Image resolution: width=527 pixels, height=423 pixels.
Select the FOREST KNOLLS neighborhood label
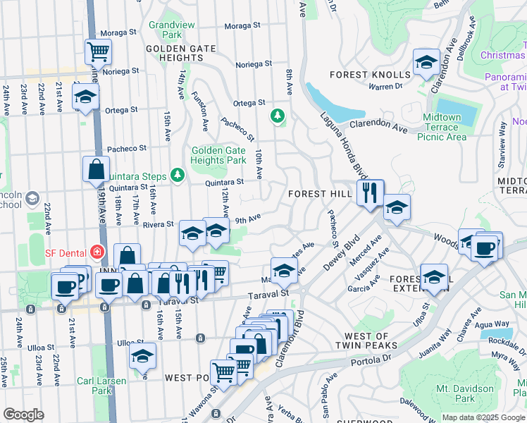pyautogui.click(x=370, y=75)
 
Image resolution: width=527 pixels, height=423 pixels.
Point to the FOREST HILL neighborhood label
pyautogui.click(x=320, y=194)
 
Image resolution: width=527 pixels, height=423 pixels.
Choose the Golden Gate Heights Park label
pyautogui.click(x=219, y=155)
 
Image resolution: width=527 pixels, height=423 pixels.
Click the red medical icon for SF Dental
pyautogui.click(x=97, y=252)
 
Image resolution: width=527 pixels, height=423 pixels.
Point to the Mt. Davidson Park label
pyautogui.click(x=464, y=393)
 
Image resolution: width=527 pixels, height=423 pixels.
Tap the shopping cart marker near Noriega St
pyautogui.click(x=98, y=51)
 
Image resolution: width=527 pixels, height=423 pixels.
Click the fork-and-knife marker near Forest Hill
pyautogui.click(x=370, y=192)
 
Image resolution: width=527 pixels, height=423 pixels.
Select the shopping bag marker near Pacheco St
pyautogui.click(x=96, y=170)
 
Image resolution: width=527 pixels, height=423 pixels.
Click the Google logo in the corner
pyautogui.click(x=23, y=414)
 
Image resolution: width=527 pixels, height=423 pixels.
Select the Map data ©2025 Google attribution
pyautogui.click(x=483, y=417)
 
